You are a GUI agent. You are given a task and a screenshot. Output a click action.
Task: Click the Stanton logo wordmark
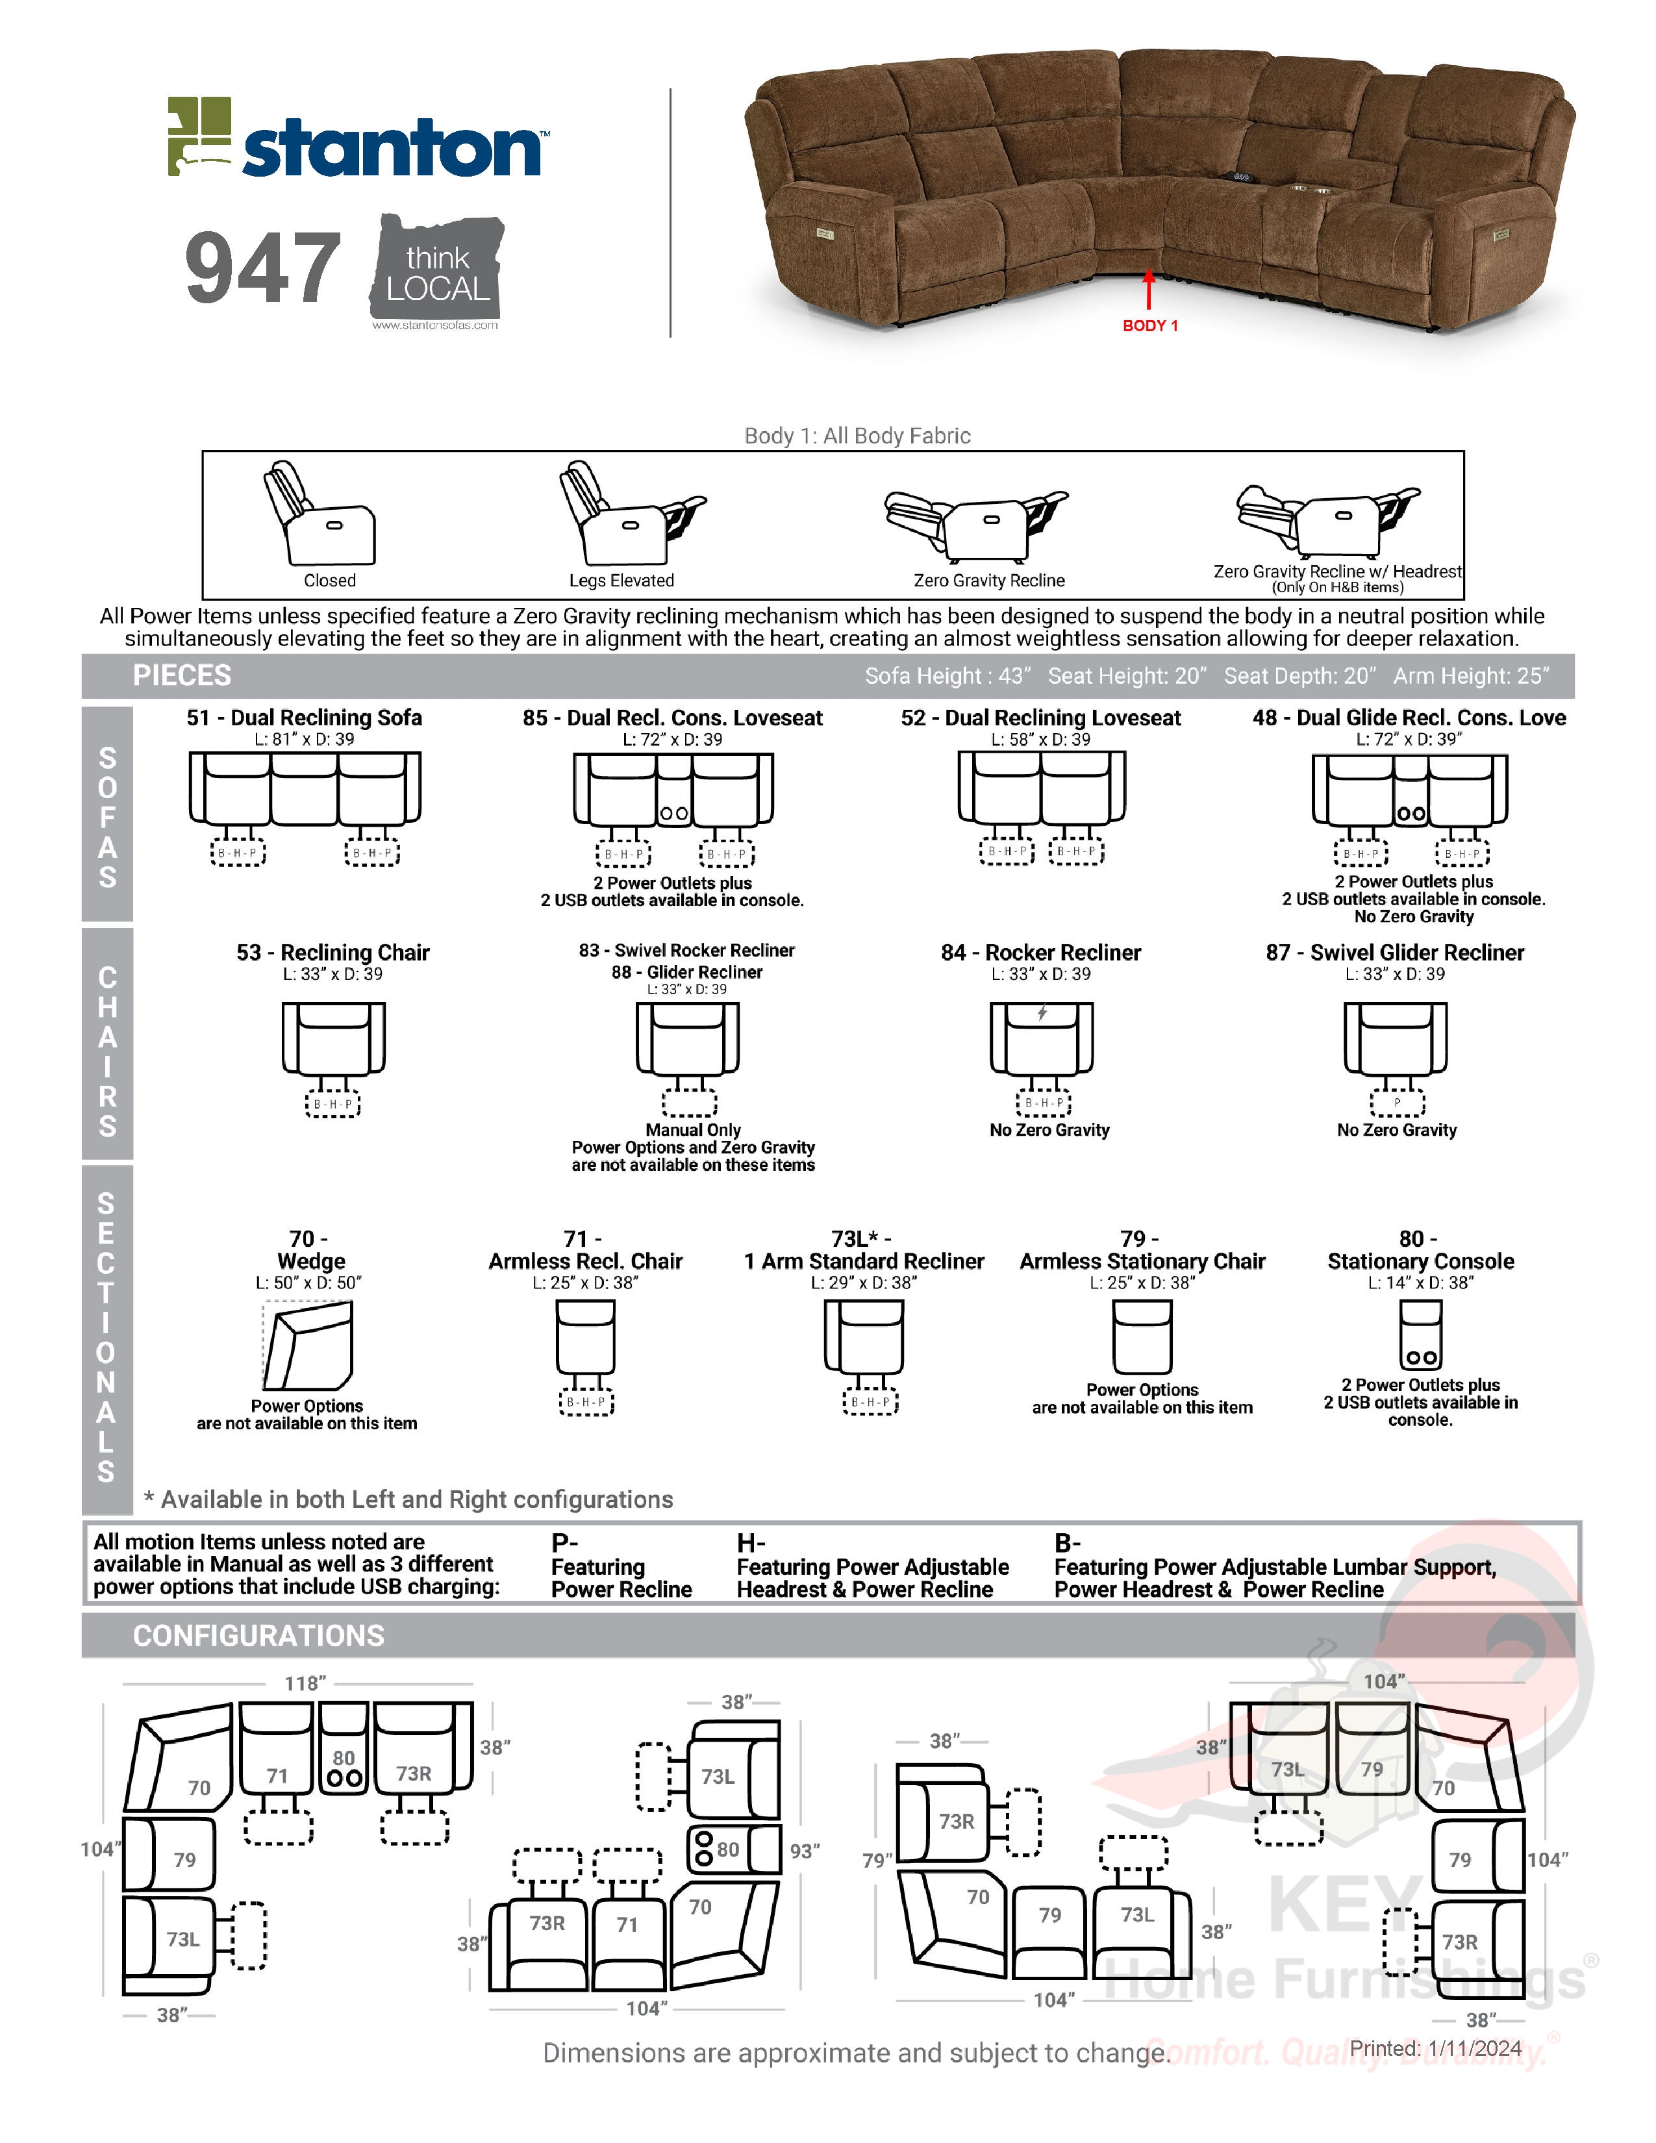[x=390, y=149]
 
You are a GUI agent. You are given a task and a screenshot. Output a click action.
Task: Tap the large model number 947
[x=263, y=267]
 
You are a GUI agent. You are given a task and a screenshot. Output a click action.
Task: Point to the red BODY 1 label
[x=1149, y=326]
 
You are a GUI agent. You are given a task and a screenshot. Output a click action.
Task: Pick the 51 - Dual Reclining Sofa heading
[x=304, y=718]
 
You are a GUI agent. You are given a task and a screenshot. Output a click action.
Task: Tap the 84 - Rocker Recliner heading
[x=1041, y=953]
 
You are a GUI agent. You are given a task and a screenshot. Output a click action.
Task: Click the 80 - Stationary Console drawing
[x=1420, y=1335]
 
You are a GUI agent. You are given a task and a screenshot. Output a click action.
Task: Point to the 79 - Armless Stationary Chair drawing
[x=1142, y=1336]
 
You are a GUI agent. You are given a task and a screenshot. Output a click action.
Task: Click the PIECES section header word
[x=182, y=675]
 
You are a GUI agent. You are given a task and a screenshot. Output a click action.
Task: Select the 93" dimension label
[x=805, y=1851]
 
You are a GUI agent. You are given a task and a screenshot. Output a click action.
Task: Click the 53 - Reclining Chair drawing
[x=334, y=1040]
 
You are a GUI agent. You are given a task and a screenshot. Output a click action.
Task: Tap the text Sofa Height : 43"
[x=947, y=676]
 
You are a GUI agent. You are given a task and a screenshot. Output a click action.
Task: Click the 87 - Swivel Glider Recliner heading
[x=1394, y=953]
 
